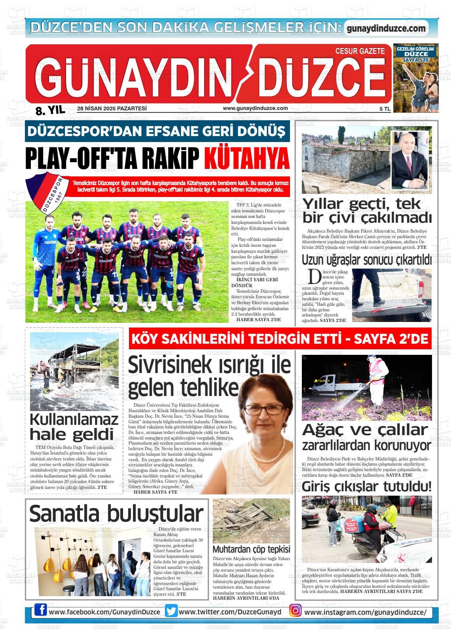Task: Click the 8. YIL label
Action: pos(50,110)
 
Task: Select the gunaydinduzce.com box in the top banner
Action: pos(386,28)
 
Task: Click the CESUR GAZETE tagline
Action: pos(360,51)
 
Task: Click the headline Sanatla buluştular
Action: pos(116,513)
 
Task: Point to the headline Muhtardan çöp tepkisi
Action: pos(251,549)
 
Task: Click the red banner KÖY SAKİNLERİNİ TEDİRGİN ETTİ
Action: pos(280,339)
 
